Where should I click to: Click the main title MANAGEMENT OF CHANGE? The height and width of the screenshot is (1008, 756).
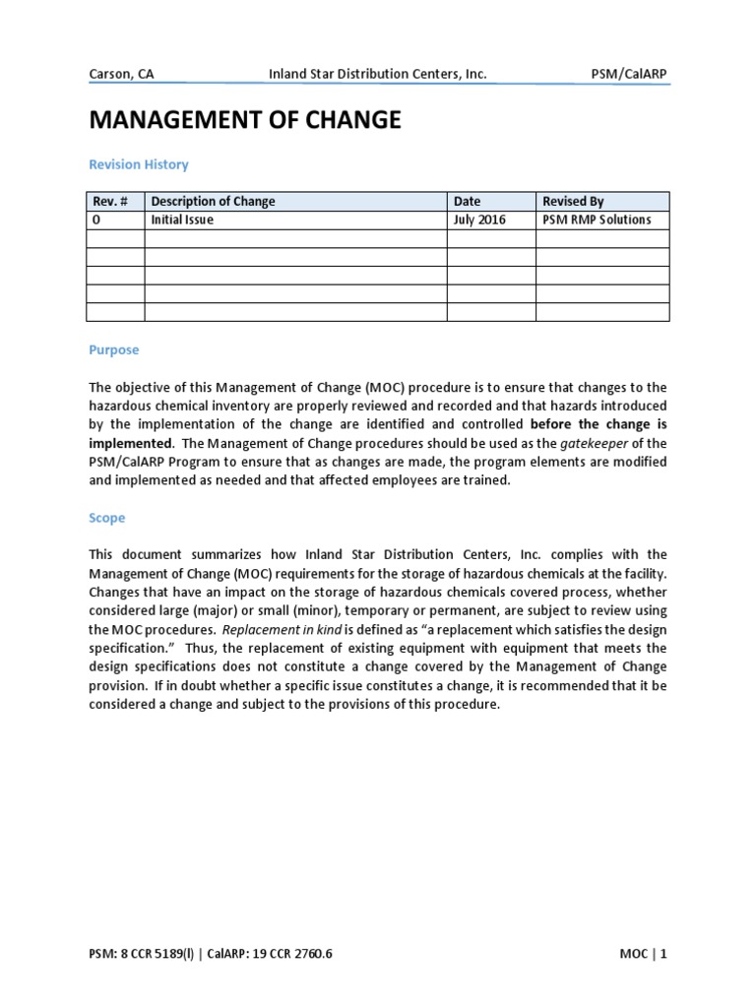[x=245, y=120]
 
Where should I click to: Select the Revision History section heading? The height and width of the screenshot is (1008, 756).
[x=138, y=164]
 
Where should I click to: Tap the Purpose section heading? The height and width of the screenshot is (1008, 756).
[x=114, y=349]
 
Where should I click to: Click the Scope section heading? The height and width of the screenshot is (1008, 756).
[x=107, y=517]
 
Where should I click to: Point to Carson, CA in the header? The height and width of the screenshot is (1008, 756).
[x=121, y=74]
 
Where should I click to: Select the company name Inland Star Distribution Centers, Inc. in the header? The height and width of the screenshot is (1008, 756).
[x=378, y=74]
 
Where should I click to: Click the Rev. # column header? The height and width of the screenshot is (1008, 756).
[x=110, y=202]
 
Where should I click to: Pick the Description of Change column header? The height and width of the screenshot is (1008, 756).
[x=213, y=202]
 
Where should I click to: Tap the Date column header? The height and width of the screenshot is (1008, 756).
[x=467, y=202]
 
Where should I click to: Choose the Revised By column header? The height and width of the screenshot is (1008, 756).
[x=573, y=202]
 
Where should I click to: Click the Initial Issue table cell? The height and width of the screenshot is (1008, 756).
[x=182, y=220]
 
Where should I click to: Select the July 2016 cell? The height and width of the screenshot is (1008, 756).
[x=479, y=220]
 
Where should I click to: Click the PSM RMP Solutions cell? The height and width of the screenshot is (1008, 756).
[x=597, y=220]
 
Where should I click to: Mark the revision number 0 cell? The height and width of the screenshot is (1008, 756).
[x=95, y=220]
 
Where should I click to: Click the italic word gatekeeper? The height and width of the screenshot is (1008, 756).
[x=600, y=443]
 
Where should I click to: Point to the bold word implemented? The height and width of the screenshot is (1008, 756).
[x=131, y=443]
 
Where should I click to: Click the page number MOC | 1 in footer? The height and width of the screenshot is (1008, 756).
[x=642, y=953]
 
